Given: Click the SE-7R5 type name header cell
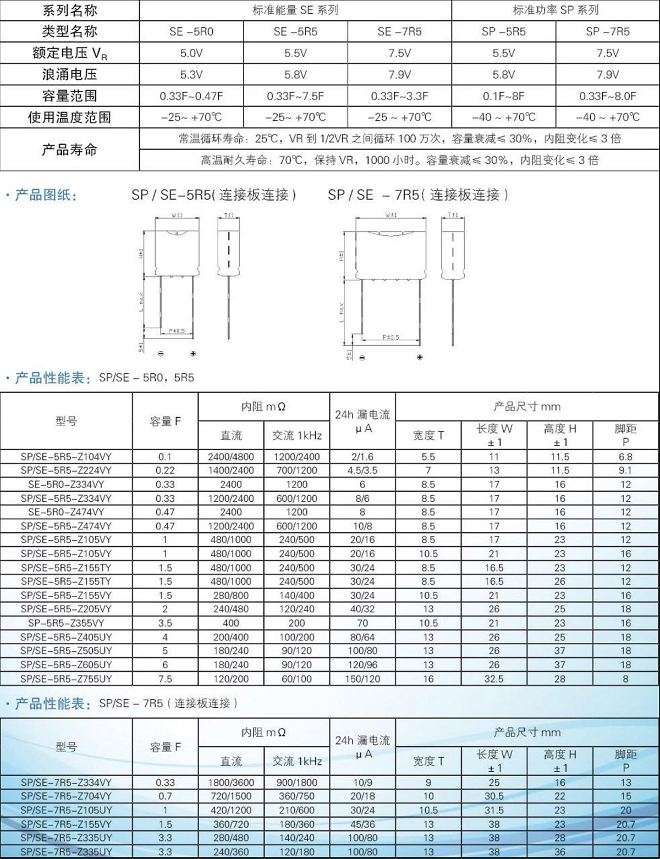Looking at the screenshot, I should coord(399,31).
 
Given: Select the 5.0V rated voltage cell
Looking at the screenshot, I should coord(191,53).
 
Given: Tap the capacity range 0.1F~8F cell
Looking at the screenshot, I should coord(503,96).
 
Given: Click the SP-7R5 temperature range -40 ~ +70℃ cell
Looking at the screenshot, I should coord(607,117).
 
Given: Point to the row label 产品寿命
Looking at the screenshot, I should coord(69,149).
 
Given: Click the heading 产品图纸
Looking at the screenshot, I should coord(46,195).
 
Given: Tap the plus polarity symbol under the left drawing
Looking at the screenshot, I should coord(193,353).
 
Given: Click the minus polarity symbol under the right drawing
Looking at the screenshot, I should coord(362,358).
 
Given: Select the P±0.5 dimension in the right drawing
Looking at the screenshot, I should coord(391,337).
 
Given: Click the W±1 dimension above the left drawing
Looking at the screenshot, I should coord(177,216).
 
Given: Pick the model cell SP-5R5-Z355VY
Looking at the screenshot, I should coord(66,623).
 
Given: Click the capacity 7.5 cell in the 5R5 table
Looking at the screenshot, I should coord(165,679).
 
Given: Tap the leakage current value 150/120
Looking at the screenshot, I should coord(362,679).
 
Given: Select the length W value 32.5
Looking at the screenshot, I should coord(493,679).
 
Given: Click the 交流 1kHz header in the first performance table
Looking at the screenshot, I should coord(296,435).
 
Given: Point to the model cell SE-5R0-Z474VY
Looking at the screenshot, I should coord(66,512).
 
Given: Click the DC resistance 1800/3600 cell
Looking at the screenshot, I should coord(230,782).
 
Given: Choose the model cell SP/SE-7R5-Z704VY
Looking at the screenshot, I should coord(66,796).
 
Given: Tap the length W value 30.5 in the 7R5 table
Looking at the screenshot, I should coord(493,796).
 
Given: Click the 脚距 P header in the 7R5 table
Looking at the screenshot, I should coord(625,761).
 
